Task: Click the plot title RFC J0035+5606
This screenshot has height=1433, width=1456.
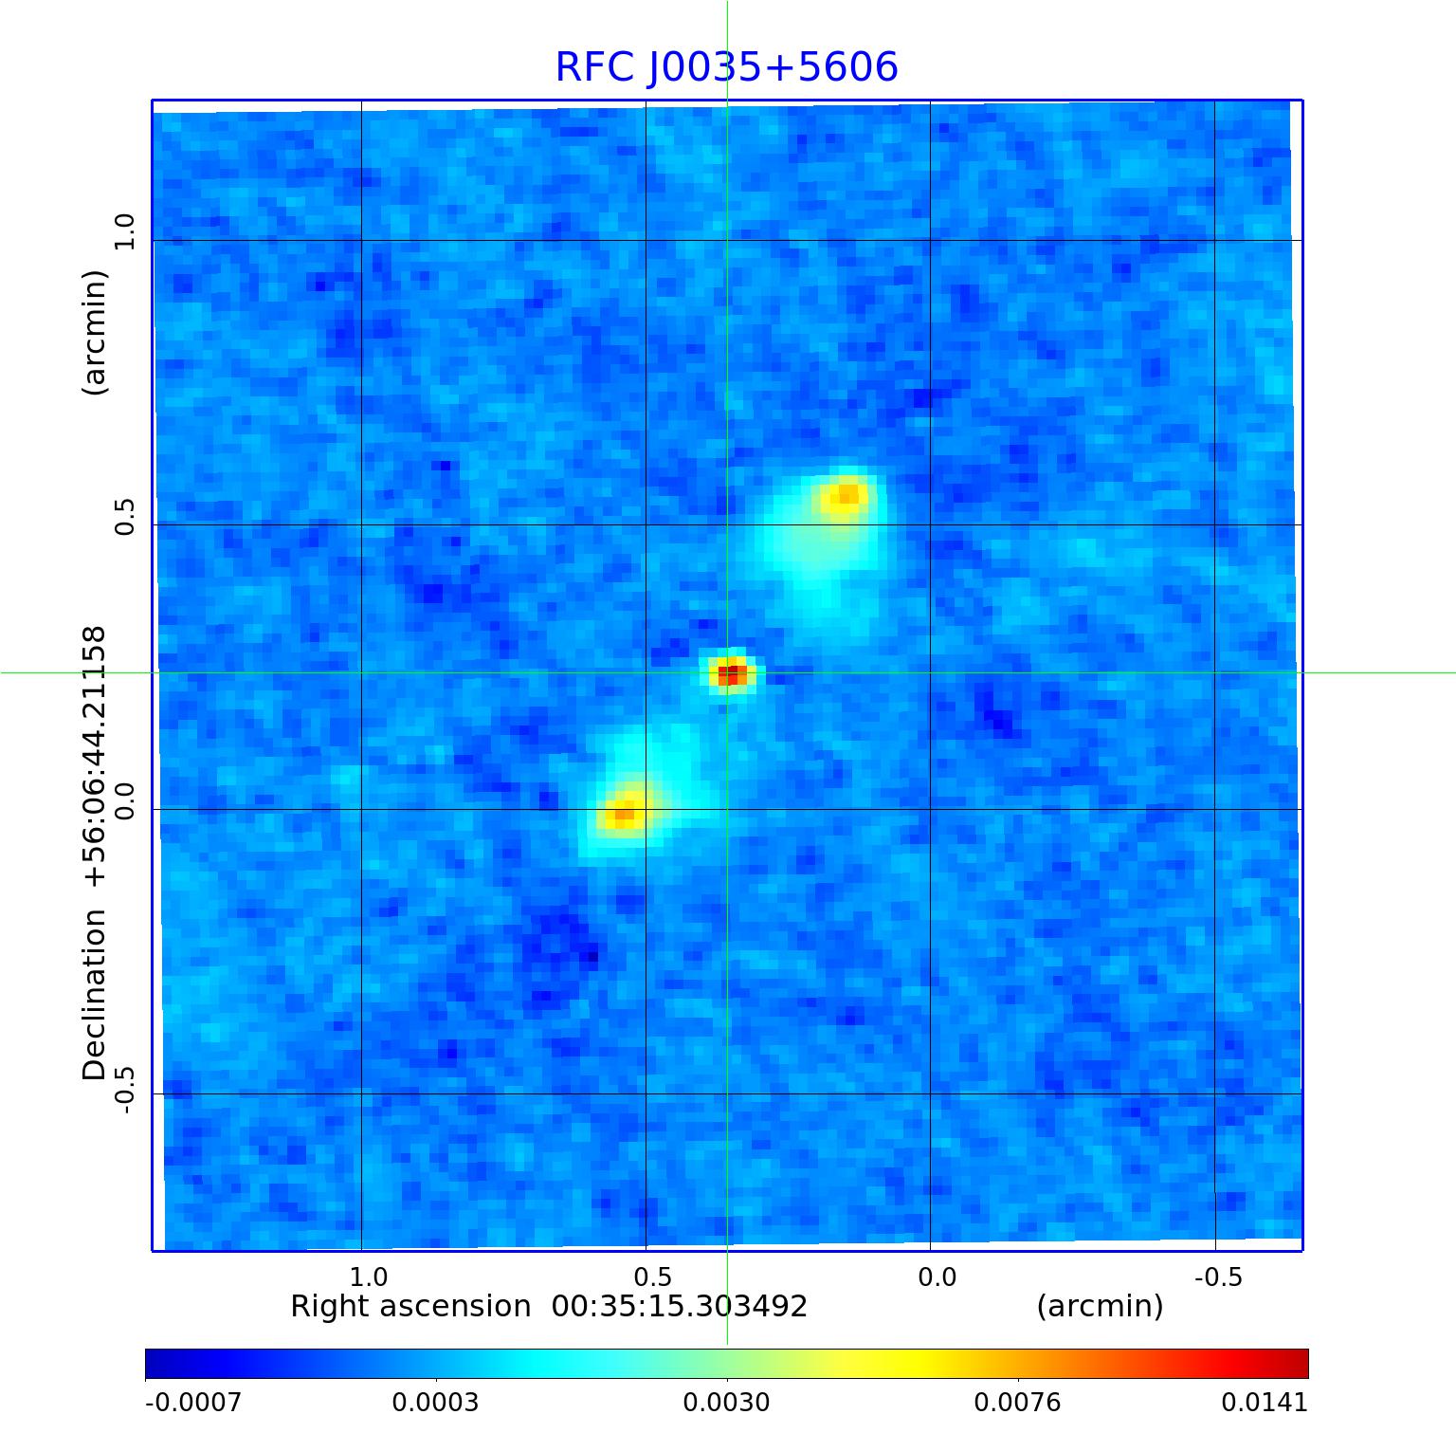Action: coord(726,67)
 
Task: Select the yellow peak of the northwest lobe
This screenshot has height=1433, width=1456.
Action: coord(846,495)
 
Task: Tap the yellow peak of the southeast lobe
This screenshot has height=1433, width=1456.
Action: coord(625,813)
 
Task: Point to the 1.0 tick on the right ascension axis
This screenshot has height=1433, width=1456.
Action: coord(369,1277)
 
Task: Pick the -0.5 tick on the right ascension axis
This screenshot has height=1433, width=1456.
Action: coord(1218,1277)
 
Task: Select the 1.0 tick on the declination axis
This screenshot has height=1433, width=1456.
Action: coord(125,231)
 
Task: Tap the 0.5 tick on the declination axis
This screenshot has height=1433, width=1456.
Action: coord(125,517)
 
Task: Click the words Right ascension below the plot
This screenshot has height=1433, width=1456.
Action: coord(409,1307)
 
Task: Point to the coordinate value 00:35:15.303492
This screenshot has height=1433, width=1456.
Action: coord(679,1307)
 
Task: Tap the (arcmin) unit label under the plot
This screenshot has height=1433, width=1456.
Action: coord(1100,1307)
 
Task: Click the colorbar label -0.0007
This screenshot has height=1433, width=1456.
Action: coord(192,1402)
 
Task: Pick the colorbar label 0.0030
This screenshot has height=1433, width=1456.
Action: coord(726,1402)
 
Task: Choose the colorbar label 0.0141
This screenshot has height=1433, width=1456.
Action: coord(1264,1402)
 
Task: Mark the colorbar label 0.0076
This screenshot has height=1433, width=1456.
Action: coord(1017,1402)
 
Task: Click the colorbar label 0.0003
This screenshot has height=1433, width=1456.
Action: coord(435,1402)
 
